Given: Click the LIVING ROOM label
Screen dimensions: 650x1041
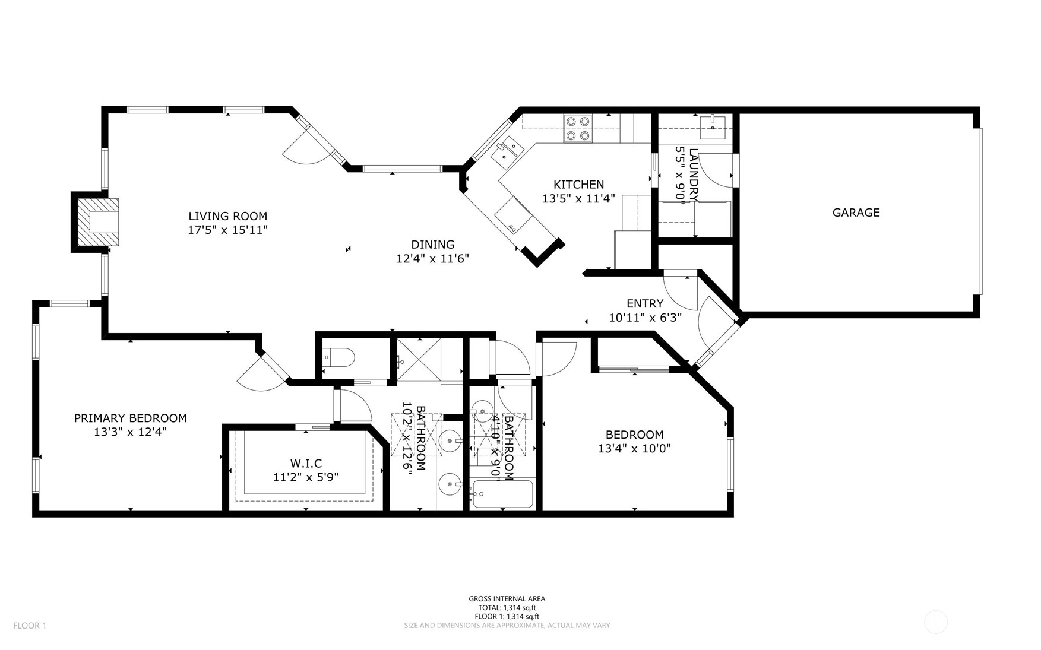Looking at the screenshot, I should click(x=227, y=216).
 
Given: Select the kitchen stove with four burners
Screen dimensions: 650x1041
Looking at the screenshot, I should click(x=578, y=128).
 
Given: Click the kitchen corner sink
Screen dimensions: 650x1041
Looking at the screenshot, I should click(x=507, y=149).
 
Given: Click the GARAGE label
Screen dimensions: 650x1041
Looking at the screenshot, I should click(x=856, y=213).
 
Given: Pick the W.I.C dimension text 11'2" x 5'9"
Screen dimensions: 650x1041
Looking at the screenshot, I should click(x=306, y=477).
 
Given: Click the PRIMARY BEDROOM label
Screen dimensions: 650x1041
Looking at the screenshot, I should click(x=130, y=418).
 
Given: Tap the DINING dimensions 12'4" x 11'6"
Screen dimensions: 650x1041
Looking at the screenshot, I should click(x=432, y=259).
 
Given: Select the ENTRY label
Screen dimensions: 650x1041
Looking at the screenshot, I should click(x=644, y=303).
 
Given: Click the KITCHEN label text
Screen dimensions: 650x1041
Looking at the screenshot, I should click(x=578, y=185).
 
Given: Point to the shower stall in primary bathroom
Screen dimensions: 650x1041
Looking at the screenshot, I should click(x=419, y=359).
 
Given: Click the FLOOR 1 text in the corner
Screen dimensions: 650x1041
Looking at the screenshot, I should click(x=29, y=625).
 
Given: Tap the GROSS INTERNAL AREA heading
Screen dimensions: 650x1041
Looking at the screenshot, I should click(x=507, y=599).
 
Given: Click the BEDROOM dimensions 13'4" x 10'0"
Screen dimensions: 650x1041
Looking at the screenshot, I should click(x=634, y=449).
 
